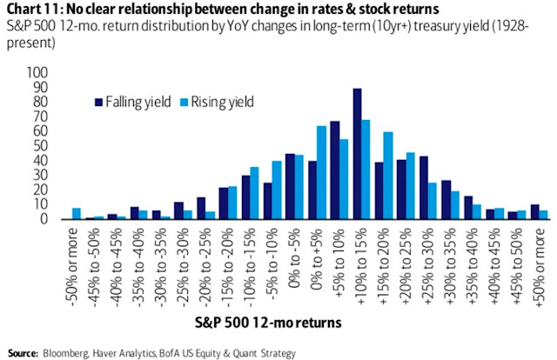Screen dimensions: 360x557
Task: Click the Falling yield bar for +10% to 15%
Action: click(x=357, y=154)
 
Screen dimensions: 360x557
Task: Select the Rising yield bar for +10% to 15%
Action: click(x=366, y=170)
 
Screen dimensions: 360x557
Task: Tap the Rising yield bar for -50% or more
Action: click(x=77, y=214)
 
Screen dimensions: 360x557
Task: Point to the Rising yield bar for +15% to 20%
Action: click(x=388, y=176)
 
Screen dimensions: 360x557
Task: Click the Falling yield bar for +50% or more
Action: click(x=535, y=212)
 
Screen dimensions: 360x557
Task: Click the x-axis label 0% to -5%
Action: click(x=292, y=247)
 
